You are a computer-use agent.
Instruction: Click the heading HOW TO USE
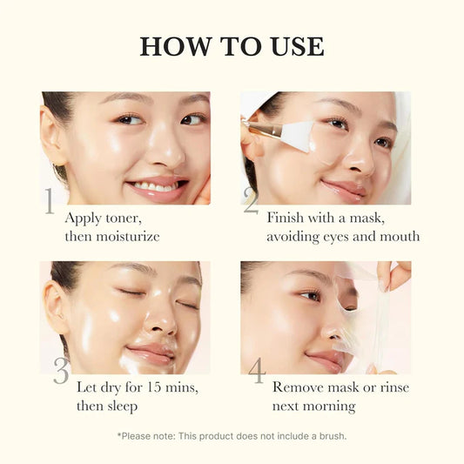232,45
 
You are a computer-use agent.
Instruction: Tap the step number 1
50,201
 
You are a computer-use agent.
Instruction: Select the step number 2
251,201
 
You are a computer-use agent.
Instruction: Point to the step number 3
61,371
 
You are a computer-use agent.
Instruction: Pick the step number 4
256,371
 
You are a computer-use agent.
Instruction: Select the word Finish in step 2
286,217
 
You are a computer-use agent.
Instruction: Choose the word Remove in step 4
299,387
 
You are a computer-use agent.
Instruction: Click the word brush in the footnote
329,435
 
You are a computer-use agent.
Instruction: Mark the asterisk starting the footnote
119,434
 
